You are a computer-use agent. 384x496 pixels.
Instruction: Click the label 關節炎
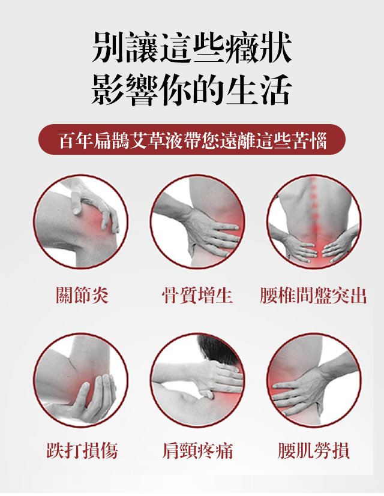[x=82, y=296]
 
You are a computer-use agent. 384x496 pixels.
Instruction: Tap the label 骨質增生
[x=197, y=296]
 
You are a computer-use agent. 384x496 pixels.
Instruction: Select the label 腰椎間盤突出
[x=313, y=296]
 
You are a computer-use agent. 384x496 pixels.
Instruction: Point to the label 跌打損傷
[x=82, y=450]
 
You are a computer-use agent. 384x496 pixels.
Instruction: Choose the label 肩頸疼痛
[x=197, y=450]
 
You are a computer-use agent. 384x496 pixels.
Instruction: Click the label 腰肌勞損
[x=313, y=450]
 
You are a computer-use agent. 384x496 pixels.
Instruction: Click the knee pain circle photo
[x=81, y=222]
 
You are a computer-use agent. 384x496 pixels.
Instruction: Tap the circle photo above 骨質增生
[x=197, y=222]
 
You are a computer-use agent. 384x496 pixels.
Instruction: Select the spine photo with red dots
[x=313, y=222]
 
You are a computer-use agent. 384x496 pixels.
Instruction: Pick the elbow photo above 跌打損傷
[x=81, y=380]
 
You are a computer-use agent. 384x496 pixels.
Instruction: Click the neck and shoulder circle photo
[x=197, y=380]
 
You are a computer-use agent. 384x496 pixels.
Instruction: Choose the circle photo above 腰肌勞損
[x=313, y=380]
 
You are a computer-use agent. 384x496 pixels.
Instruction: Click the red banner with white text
[x=192, y=140]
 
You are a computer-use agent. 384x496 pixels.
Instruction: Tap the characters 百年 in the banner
[x=76, y=140]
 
